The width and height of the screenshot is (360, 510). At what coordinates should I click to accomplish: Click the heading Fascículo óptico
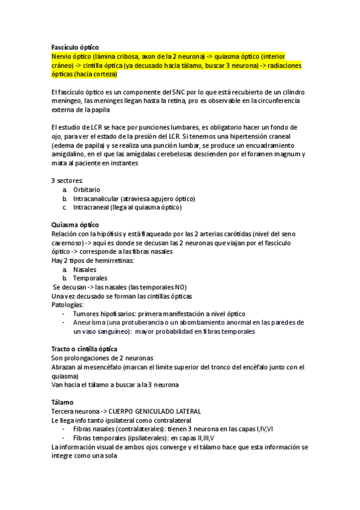pyautogui.click(x=75, y=47)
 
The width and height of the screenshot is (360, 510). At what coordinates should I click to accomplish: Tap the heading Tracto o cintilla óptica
pyautogui.click(x=84, y=349)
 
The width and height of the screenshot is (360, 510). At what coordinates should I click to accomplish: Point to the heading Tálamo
pyautogui.click(x=63, y=402)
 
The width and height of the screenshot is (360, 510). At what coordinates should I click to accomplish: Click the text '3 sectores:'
pyautogui.click(x=67, y=180)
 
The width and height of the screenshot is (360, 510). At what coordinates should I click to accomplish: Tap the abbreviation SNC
pyautogui.click(x=181, y=91)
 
